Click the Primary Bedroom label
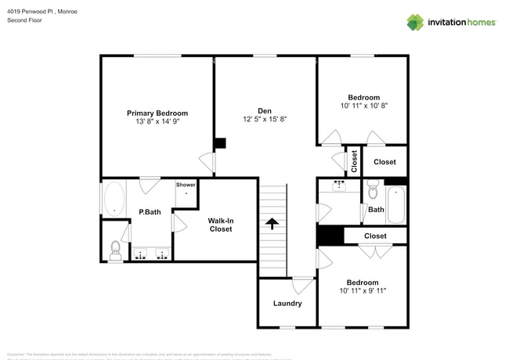(157, 113)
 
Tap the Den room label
(265, 110)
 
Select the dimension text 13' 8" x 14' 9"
(157, 122)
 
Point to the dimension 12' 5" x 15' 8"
(265, 119)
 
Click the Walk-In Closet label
(220, 225)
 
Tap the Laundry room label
(287, 304)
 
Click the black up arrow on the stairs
(273, 223)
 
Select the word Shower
(186, 185)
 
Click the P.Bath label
(150, 211)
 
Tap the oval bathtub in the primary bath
(114, 199)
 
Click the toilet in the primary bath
(114, 250)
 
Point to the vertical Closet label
(354, 161)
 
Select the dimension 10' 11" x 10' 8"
(364, 106)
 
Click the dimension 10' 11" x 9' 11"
(363, 291)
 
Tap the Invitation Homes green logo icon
(415, 22)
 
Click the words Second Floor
(24, 20)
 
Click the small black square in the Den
(220, 143)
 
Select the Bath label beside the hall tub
(376, 210)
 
